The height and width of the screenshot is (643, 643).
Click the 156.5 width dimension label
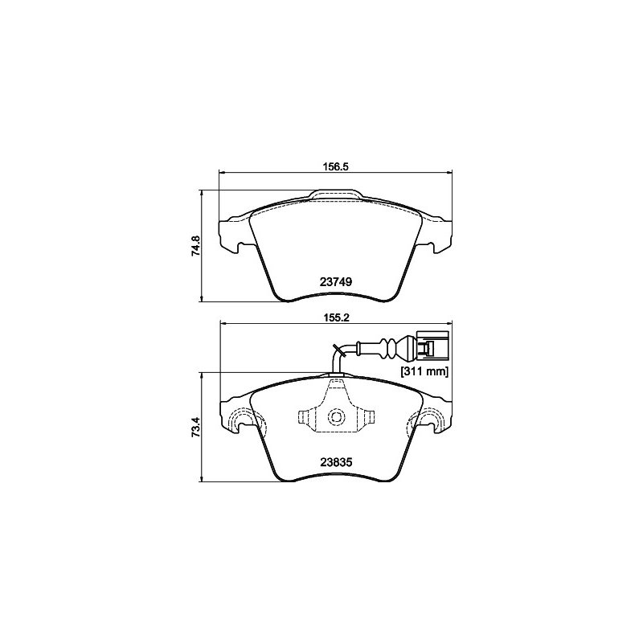[x=336, y=166]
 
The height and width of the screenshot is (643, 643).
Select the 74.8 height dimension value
[x=195, y=246]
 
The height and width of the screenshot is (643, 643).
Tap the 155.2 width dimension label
[x=336, y=317]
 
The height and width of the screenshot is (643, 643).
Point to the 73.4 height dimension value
[x=195, y=427]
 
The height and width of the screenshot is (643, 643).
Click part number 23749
[x=336, y=282]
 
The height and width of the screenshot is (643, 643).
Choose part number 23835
[x=336, y=463]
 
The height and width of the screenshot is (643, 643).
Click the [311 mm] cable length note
[x=424, y=372]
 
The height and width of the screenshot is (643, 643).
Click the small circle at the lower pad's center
[x=336, y=417]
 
